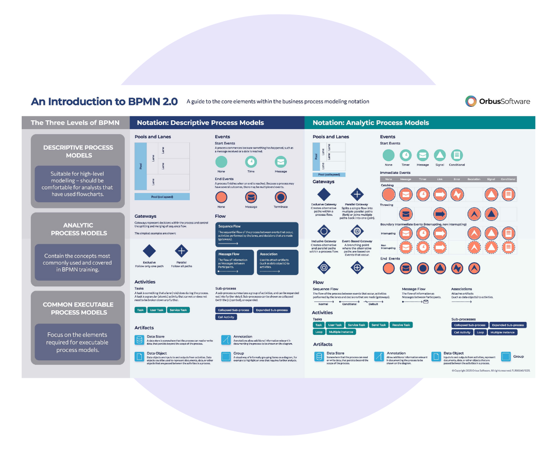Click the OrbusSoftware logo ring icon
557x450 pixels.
[470, 101]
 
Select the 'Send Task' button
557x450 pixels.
[378, 325]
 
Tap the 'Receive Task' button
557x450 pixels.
[401, 325]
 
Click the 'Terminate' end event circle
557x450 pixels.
[281, 197]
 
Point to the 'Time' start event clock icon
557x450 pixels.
[251, 161]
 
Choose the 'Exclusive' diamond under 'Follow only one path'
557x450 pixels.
[149, 251]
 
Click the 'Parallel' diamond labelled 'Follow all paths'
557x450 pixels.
[182, 251]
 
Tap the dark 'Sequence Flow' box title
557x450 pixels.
[230, 227]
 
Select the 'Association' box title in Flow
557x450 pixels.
[269, 254]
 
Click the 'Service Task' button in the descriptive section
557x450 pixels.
[179, 310]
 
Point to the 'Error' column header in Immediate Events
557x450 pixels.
[456, 179]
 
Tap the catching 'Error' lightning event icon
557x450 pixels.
[456, 194]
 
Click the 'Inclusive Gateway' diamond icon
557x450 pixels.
[323, 231]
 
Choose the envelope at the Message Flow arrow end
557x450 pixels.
[426, 302]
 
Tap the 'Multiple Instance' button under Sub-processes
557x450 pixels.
[503, 333]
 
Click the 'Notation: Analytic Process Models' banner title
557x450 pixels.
[371, 123]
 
